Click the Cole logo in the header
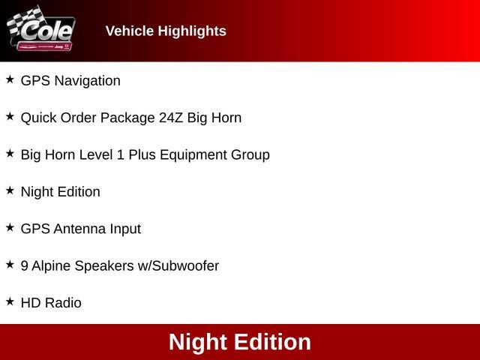coord(41,30)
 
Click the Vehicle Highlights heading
coord(166,31)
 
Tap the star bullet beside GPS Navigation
coord(10,79)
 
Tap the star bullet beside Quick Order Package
coord(10,116)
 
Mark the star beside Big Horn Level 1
coord(10,153)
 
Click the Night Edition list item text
coord(60,192)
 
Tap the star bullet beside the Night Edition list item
coord(10,190)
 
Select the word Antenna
coord(79,229)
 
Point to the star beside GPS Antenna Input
coord(10,227)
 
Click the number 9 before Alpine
coord(25,265)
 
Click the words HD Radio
coord(51,303)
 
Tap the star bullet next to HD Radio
coord(10,301)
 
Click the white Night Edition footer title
coord(240,342)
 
